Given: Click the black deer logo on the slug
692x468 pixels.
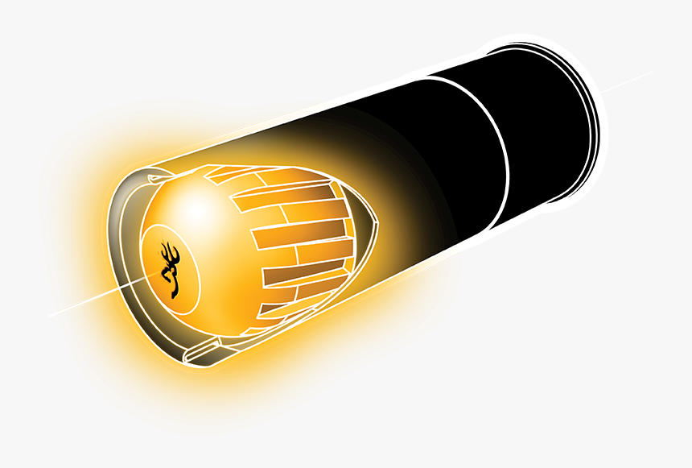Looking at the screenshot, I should click(x=171, y=269).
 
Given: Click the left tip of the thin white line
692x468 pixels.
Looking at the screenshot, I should click(x=50, y=315).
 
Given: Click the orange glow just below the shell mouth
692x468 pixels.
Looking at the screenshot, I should click(x=201, y=379).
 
